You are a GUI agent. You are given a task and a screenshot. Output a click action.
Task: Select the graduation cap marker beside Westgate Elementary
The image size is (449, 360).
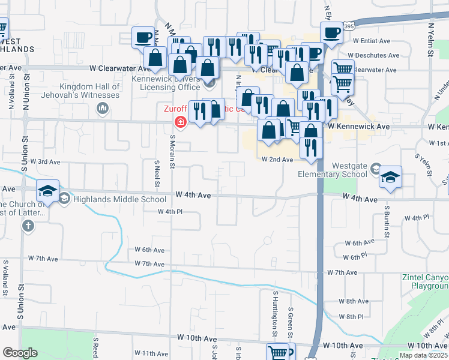pyautogui.click(x=390, y=177)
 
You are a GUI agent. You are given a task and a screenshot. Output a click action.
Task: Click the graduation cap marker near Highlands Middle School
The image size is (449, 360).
pyautogui.click(x=48, y=191)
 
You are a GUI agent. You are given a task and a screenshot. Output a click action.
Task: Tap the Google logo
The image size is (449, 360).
pyautogui.click(x=20, y=353)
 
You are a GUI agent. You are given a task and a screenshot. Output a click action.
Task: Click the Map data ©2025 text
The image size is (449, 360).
pyautogui.click(x=424, y=355)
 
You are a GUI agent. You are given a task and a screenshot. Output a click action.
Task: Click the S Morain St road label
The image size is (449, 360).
pyautogui.click(x=172, y=151)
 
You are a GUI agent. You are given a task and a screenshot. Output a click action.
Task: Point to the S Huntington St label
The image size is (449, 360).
pyautogui.click(x=275, y=312)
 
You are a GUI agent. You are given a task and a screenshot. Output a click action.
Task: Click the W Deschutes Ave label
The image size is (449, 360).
pyautogui.click(x=376, y=55)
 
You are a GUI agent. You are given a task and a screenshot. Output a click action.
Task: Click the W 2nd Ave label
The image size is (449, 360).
pyautogui.click(x=277, y=160)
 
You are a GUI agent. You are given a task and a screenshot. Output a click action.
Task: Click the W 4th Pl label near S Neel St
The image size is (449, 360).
pyautogui.click(x=170, y=212)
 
